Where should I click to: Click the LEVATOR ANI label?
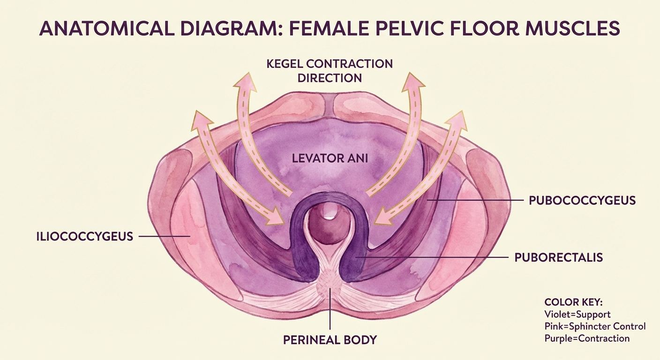(330, 158)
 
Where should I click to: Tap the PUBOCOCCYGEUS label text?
(582, 201)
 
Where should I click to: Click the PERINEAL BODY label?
(330, 339)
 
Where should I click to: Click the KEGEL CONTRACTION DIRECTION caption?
(330, 70)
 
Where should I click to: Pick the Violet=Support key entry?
(577, 315)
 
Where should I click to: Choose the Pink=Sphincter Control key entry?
(595, 326)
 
